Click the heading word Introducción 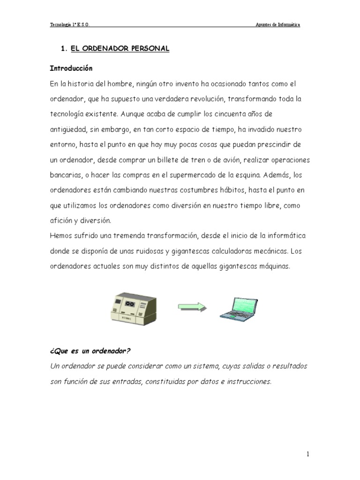71,68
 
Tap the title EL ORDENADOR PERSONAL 120,49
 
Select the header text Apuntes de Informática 277,25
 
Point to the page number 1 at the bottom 308,454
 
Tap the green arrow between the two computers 192,307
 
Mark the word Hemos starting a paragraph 61,236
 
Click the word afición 61,220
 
